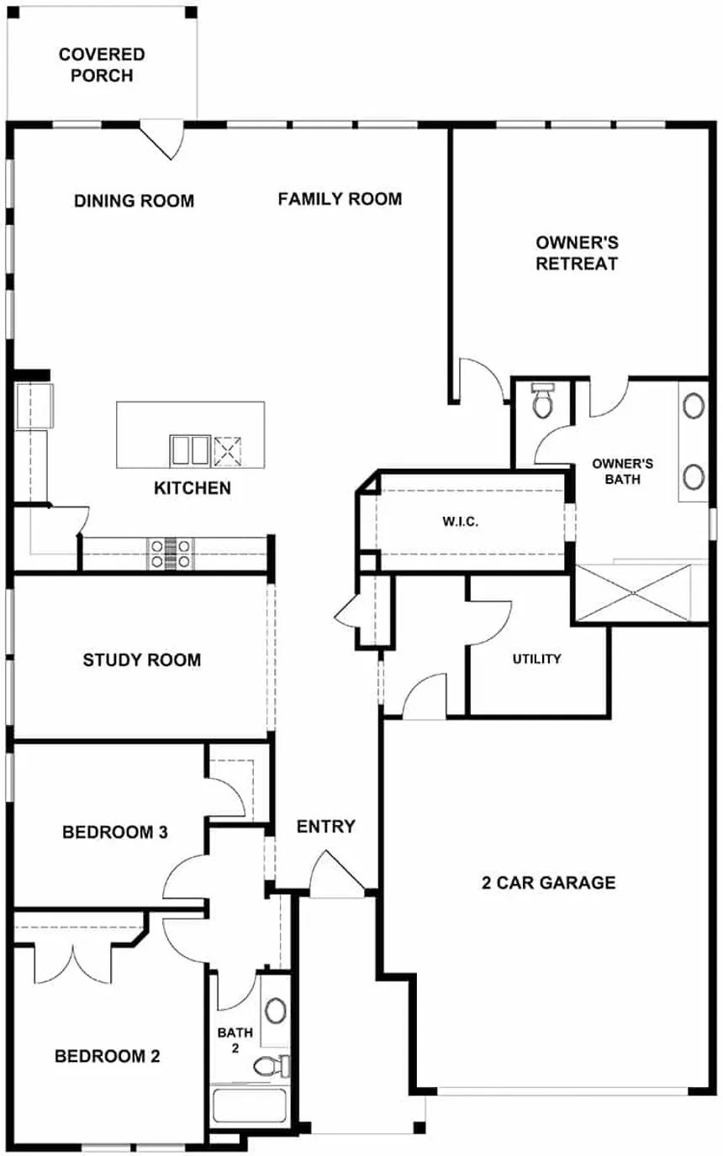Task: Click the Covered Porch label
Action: click(102, 65)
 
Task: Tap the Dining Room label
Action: click(134, 201)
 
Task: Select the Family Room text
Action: click(340, 198)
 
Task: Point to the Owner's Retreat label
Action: click(578, 253)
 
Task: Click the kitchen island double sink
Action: click(188, 449)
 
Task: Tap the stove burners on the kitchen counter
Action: click(172, 554)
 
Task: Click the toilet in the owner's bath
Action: click(543, 400)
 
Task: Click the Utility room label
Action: click(536, 659)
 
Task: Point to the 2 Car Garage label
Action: click(548, 882)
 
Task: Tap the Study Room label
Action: click(142, 659)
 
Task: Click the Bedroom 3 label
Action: click(115, 832)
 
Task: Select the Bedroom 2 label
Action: click(107, 1056)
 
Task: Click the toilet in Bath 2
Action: click(270, 1065)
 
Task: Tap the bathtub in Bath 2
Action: click(249, 1105)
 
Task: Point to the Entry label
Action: click(326, 827)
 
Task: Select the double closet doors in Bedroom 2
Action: click(73, 962)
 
